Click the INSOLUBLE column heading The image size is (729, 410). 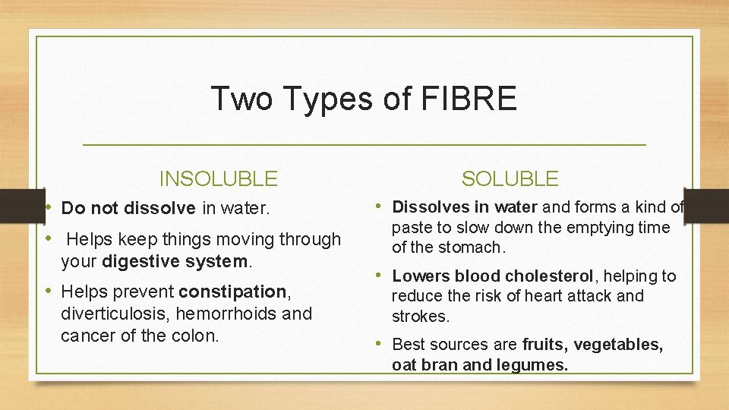[x=218, y=179]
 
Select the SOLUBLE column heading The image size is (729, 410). [x=510, y=179]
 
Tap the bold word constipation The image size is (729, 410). [x=232, y=292]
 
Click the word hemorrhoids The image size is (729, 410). [x=222, y=314]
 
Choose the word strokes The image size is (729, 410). [x=421, y=317]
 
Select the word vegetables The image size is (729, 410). [x=618, y=345]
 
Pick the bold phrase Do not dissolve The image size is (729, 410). [x=128, y=208]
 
